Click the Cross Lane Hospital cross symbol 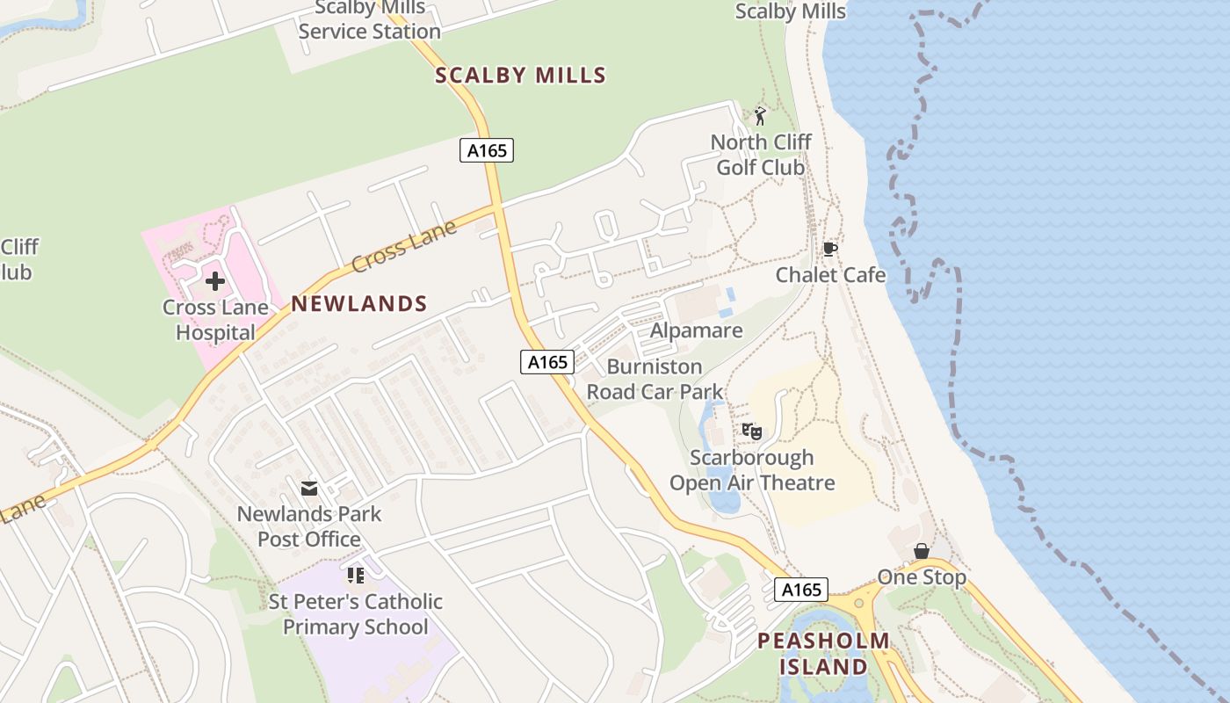pos(215,281)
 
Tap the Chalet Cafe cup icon pos(830,250)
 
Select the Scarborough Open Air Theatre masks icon pos(751,431)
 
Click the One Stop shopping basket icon pos(922,552)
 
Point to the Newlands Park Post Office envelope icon pos(309,488)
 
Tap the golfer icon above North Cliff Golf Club pos(761,116)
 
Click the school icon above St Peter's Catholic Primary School pos(356,576)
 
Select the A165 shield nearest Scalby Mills pos(487,150)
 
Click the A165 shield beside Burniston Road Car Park pos(547,361)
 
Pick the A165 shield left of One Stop pos(801,590)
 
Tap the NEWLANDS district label pos(359,304)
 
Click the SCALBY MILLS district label pos(521,76)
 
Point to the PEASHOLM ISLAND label pos(823,653)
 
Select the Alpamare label pos(696,331)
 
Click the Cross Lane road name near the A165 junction pos(404,246)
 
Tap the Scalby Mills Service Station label pos(370,20)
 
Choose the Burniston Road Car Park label pos(655,379)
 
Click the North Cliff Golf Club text pos(761,154)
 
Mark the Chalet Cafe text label pos(830,275)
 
